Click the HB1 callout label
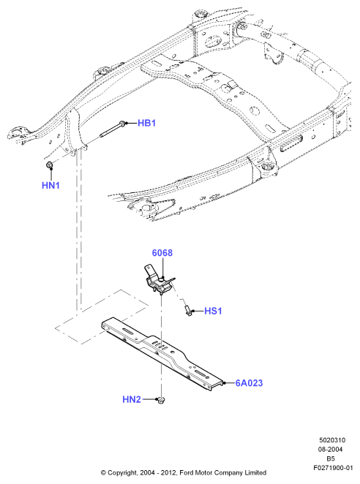click(x=146, y=123)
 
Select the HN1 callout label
click(x=50, y=186)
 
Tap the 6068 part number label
click(x=162, y=253)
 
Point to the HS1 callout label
click(x=213, y=311)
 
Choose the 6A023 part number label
click(x=249, y=383)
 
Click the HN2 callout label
click(x=132, y=399)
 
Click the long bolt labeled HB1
click(x=113, y=129)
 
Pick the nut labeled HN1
click(x=49, y=165)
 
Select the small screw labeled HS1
click(x=188, y=310)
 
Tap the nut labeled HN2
click(x=161, y=401)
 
